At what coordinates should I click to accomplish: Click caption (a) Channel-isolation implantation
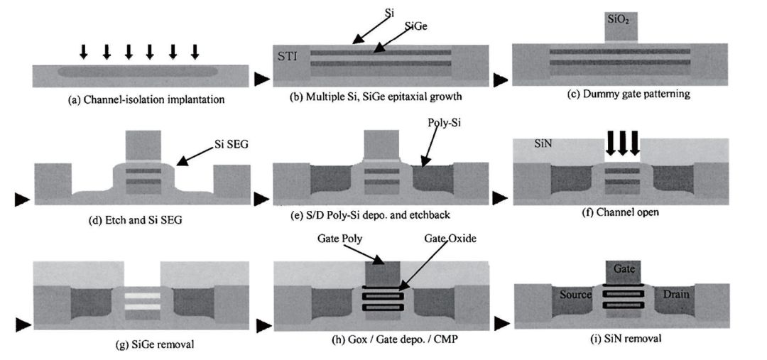coord(146,100)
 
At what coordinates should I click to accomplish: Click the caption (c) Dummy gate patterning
coord(618,93)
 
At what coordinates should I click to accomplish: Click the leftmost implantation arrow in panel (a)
coord(84,51)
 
